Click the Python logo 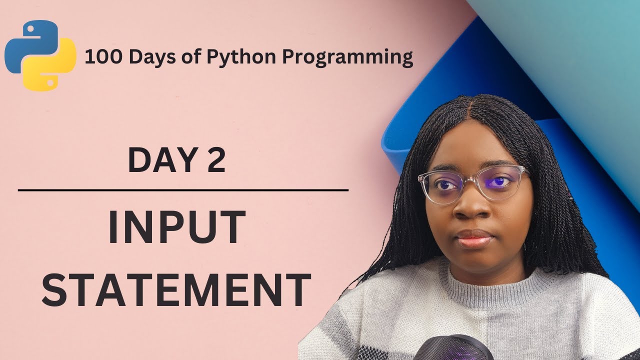40,55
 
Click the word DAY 159,159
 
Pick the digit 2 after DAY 216,159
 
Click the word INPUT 177,227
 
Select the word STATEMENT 176,289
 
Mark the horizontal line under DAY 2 183,190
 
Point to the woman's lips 474,238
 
